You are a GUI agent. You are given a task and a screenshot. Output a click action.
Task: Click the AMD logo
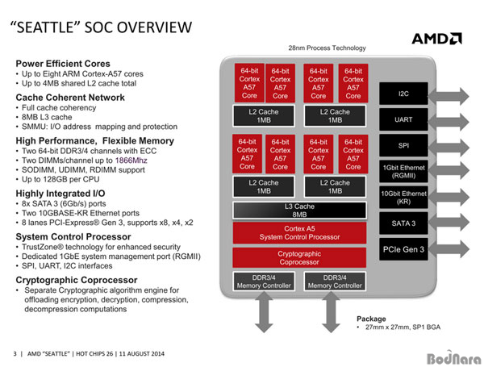[x=436, y=39]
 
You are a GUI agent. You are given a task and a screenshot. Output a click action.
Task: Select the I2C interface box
[x=403, y=94]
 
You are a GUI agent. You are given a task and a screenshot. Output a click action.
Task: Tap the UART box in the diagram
[x=403, y=119]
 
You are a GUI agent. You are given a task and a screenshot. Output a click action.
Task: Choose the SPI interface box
[x=403, y=145]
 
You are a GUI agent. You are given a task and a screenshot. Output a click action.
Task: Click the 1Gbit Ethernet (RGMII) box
[x=403, y=171]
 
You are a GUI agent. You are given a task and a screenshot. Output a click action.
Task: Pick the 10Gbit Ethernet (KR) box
[x=403, y=198]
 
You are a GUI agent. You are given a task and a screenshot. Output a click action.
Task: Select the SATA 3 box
[x=403, y=223]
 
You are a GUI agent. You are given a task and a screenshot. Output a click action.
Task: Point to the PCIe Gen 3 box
[x=403, y=249]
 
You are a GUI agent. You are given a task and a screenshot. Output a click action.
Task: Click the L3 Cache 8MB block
[x=299, y=211]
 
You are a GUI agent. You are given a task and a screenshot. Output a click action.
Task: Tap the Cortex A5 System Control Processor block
[x=299, y=233]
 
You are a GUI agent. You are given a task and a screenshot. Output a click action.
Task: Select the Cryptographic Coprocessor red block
[x=299, y=258]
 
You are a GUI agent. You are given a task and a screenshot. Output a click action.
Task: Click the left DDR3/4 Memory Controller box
[x=264, y=282]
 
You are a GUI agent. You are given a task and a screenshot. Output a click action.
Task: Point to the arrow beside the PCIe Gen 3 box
[x=449, y=249]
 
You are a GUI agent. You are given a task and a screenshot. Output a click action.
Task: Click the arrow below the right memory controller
[x=331, y=312]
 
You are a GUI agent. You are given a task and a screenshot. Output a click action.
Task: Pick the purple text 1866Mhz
[x=131, y=161]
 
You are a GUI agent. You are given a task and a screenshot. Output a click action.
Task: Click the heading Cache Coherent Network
[x=70, y=98]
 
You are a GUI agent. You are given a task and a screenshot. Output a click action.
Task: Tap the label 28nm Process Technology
[x=327, y=48]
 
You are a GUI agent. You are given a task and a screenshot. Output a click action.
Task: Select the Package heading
[x=371, y=319]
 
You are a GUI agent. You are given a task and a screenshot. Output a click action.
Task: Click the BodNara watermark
[x=453, y=358]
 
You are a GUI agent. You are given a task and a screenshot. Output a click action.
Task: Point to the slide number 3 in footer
[x=15, y=354]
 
